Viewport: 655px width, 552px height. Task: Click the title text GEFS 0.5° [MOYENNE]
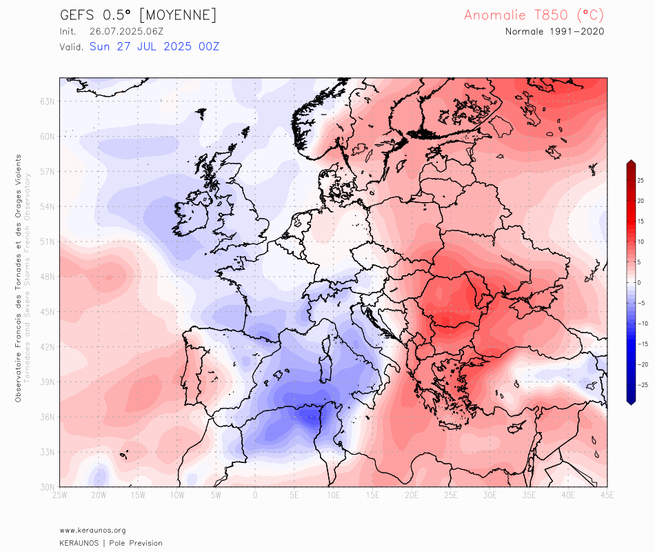[139, 15]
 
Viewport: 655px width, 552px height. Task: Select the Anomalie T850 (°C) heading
[534, 15]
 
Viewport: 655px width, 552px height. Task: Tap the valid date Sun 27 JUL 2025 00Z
[154, 46]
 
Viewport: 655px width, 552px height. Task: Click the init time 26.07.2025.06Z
[126, 32]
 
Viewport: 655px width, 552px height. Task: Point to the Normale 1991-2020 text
[555, 32]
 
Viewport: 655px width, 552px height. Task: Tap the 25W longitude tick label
[59, 495]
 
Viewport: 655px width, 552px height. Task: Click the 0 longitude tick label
[255, 495]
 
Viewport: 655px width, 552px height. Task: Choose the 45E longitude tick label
[607, 495]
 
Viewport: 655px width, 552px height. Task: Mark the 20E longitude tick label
[412, 495]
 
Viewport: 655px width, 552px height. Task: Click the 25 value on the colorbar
[641, 180]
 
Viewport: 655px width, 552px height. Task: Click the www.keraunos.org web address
[92, 530]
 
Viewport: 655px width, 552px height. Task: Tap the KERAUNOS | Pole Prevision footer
[111, 543]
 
